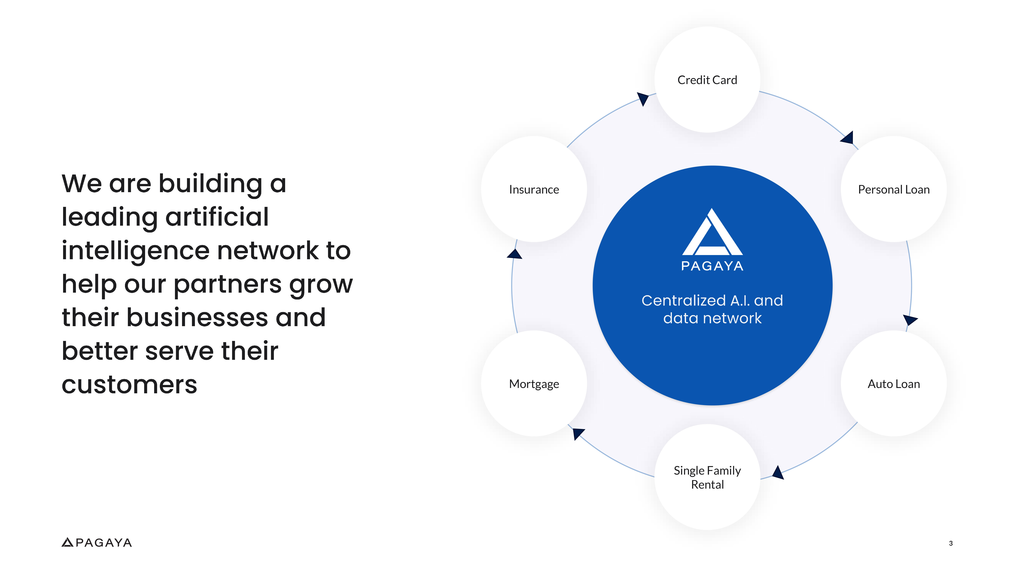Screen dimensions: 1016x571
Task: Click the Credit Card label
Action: coord(707,80)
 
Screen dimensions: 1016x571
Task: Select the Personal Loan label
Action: coord(893,190)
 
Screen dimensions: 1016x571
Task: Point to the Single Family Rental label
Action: coord(707,477)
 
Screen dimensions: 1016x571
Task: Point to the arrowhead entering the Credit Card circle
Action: coord(643,99)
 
